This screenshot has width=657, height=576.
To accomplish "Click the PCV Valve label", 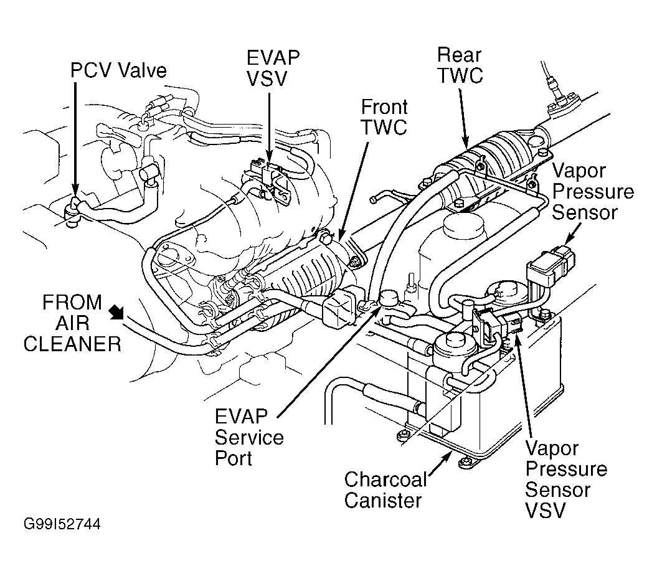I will pyautogui.click(x=118, y=70).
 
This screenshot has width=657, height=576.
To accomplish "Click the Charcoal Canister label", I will pyautogui.click(x=385, y=489).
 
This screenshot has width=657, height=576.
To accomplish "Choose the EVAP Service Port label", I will pyautogui.click(x=249, y=437).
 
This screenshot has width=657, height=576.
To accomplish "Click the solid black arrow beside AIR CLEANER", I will pyautogui.click(x=116, y=311).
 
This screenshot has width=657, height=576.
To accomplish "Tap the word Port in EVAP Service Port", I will pyautogui.click(x=234, y=458).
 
